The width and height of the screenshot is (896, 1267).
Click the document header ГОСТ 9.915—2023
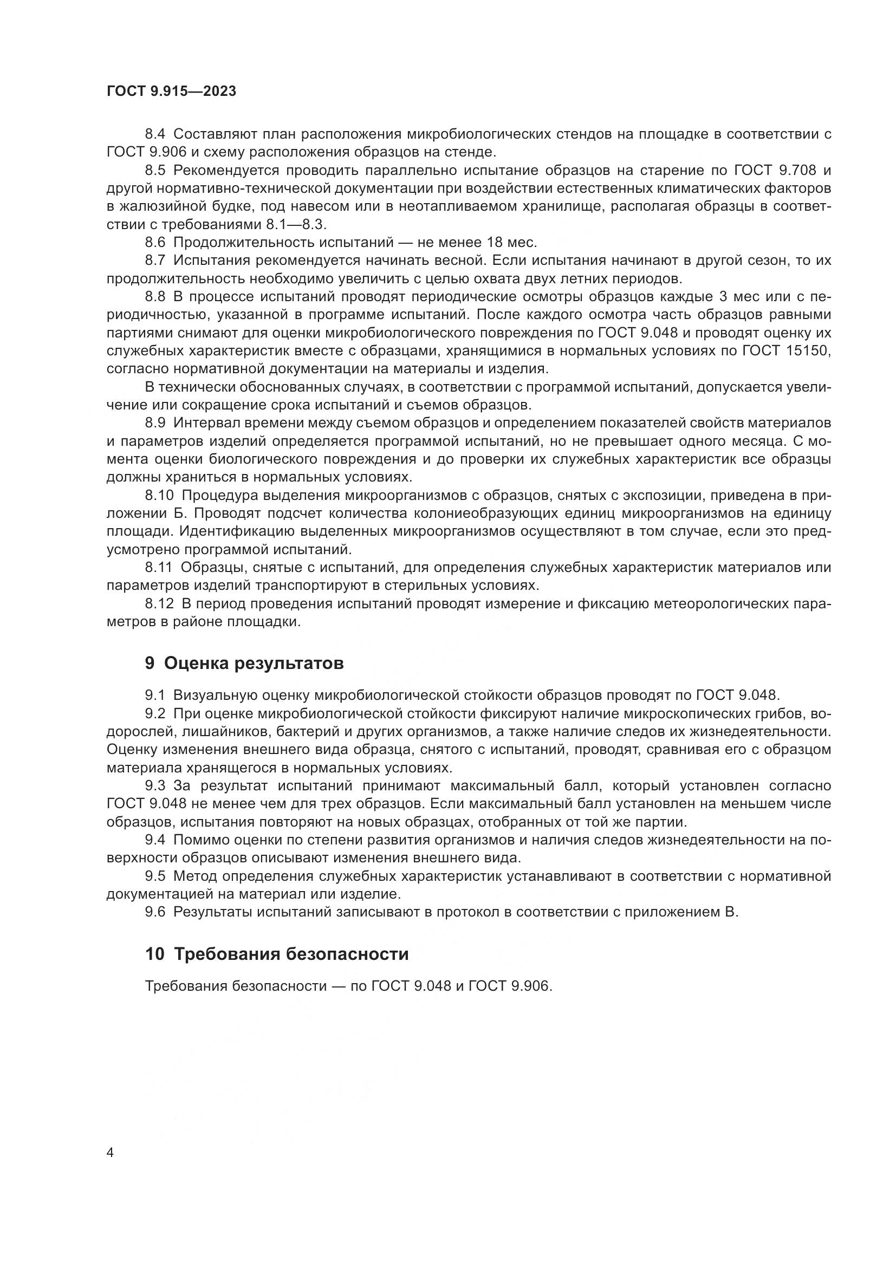coord(171,92)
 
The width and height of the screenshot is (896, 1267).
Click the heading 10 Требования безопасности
coord(276,954)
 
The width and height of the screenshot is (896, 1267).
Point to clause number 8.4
coord(155,134)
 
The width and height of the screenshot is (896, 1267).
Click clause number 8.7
coord(155,261)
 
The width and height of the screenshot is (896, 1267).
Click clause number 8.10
coord(159,496)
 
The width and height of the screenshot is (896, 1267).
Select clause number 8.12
coord(159,603)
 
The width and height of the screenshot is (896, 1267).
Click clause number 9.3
coord(155,786)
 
